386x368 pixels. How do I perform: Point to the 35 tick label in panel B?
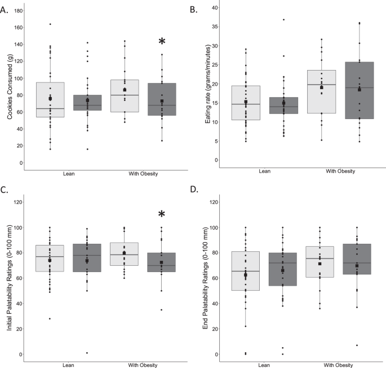[x=214, y=27]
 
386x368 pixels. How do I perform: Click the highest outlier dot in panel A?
[x=50, y=24]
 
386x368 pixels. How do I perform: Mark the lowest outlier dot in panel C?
[x=86, y=353]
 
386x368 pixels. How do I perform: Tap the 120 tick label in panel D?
[x=214, y=202]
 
